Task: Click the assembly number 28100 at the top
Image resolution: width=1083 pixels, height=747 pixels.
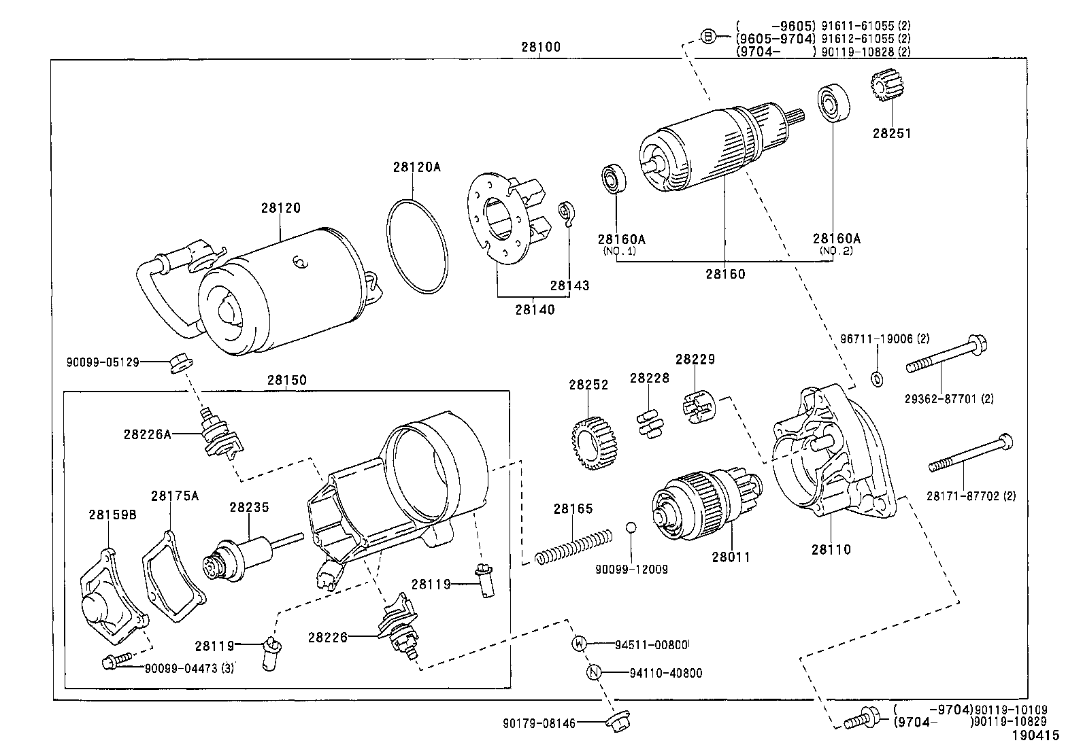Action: pyautogui.click(x=541, y=48)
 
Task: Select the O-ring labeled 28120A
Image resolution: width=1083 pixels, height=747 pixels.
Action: pyautogui.click(x=418, y=246)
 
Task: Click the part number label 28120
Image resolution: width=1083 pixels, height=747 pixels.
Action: pyautogui.click(x=280, y=208)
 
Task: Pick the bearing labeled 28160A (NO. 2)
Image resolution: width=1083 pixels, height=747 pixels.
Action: pyautogui.click(x=831, y=103)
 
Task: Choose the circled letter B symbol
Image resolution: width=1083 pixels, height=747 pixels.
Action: pyautogui.click(x=708, y=37)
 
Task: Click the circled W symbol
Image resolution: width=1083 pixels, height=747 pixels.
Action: pyautogui.click(x=579, y=644)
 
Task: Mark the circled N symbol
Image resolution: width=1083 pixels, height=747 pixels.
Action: pyautogui.click(x=594, y=673)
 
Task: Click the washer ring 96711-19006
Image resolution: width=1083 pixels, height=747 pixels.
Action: pyautogui.click(x=877, y=379)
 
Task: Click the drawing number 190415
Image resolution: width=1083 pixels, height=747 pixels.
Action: pyautogui.click(x=1035, y=735)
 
